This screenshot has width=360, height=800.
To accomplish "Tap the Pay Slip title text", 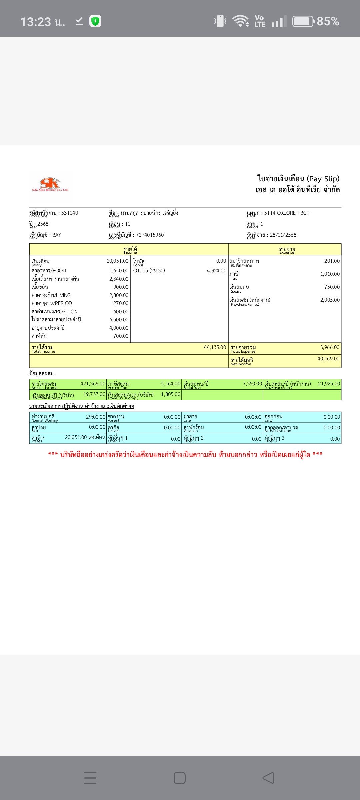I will click(x=298, y=179).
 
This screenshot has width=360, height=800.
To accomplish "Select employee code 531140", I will click(x=70, y=213).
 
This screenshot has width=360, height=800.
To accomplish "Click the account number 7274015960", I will click(x=150, y=235).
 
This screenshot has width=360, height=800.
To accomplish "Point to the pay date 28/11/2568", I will click(x=283, y=235).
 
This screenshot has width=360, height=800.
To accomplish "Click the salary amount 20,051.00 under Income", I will click(x=117, y=261).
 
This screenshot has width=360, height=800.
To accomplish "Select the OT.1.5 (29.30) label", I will click(x=149, y=271).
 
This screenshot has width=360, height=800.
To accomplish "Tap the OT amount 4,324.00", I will click(x=216, y=271).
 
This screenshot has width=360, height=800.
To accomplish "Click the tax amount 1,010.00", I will click(x=330, y=274).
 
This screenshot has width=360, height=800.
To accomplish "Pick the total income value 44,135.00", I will click(x=215, y=347).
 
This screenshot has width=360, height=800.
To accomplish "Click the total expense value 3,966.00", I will click(x=330, y=347).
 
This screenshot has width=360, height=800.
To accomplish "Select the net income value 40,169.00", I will click(x=328, y=359).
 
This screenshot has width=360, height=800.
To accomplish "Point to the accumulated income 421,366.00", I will click(x=93, y=384).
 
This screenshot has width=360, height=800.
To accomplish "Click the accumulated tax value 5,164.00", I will click(x=171, y=384).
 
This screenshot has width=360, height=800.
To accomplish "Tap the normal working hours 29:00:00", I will click(x=96, y=417).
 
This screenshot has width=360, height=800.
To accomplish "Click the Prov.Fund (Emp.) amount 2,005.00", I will click(x=330, y=300).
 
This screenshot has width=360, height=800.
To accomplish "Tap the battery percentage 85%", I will click(x=328, y=21).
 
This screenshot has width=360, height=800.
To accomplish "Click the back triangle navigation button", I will click(x=268, y=778).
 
